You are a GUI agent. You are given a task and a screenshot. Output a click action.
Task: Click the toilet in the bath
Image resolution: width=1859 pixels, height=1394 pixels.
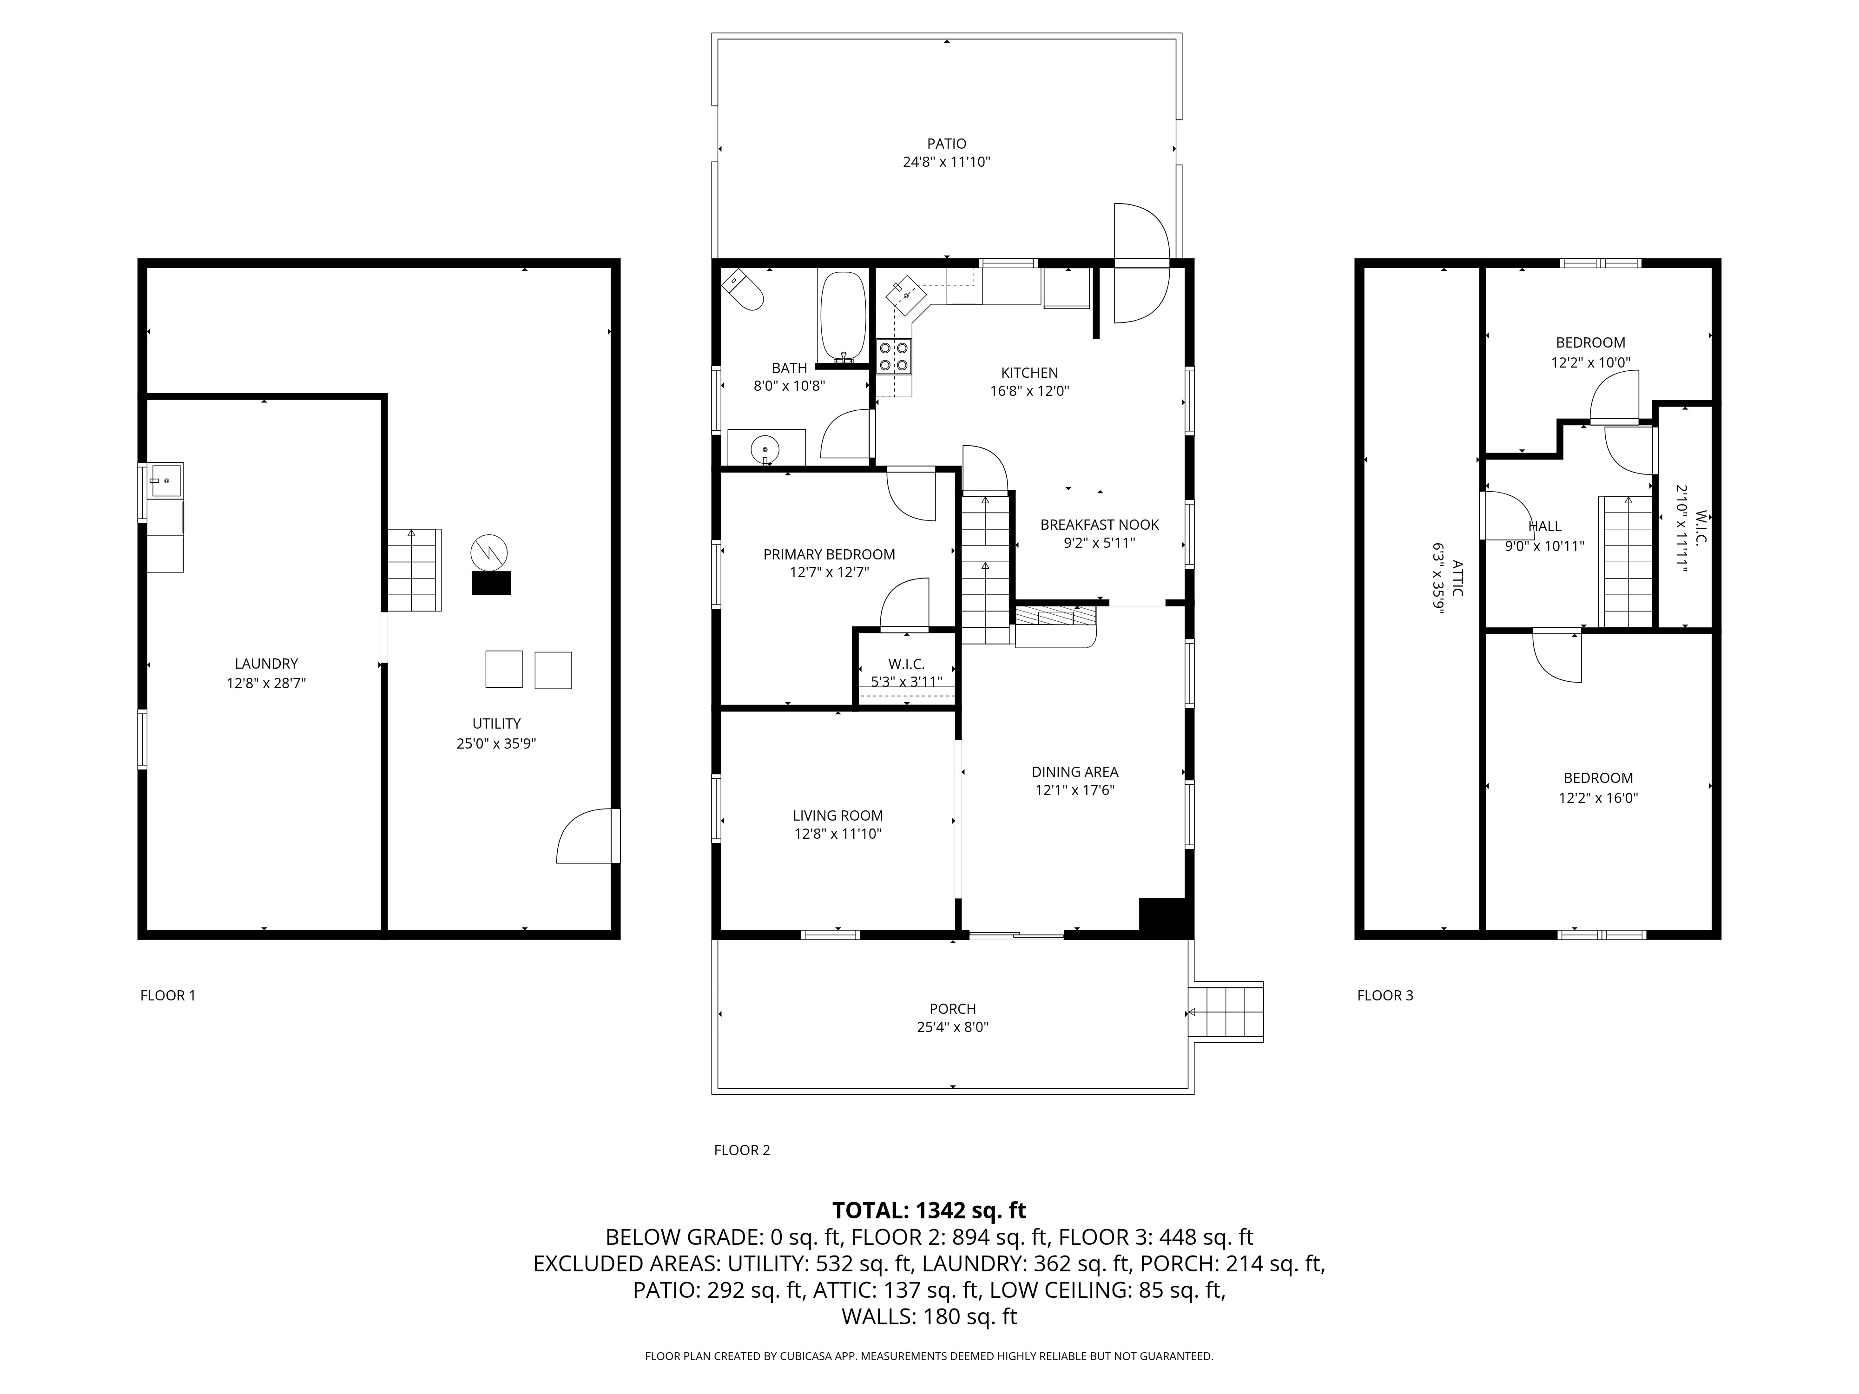point(743,290)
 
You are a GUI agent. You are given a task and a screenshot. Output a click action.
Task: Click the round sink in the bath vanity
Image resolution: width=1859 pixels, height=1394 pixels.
point(765,449)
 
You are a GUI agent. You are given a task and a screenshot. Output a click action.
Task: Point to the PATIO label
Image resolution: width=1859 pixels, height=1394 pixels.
point(946,144)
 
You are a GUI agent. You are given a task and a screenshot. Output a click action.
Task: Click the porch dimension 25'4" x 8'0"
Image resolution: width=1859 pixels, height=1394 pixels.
point(952,1027)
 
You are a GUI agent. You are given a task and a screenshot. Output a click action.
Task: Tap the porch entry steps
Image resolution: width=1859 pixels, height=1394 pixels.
point(1227,1012)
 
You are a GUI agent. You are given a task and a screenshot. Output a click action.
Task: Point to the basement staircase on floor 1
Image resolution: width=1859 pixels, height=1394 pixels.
point(414,570)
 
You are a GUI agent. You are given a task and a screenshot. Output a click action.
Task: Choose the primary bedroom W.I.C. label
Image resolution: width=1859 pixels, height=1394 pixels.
point(906,664)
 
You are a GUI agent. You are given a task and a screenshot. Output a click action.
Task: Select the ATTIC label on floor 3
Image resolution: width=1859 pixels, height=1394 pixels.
point(1457,578)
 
